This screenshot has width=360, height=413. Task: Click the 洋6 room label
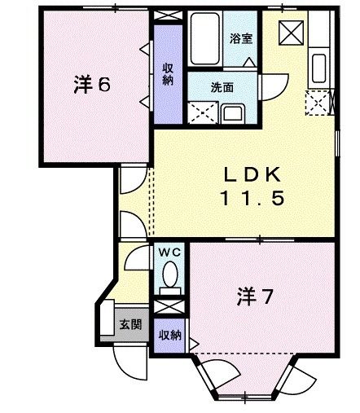coord(91,84)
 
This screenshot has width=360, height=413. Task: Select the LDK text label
coord(252,174)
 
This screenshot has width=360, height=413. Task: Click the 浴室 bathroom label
coord(241,37)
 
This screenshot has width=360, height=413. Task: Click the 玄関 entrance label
coord(130,324)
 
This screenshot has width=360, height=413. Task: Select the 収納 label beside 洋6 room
coord(168,73)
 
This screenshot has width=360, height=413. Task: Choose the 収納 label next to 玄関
coord(169,335)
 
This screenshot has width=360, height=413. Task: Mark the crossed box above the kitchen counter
coord(290,32)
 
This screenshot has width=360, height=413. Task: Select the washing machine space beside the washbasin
coord(200,112)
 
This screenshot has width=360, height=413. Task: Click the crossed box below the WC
coord(169,308)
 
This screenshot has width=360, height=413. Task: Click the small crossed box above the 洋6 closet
coord(169,15)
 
